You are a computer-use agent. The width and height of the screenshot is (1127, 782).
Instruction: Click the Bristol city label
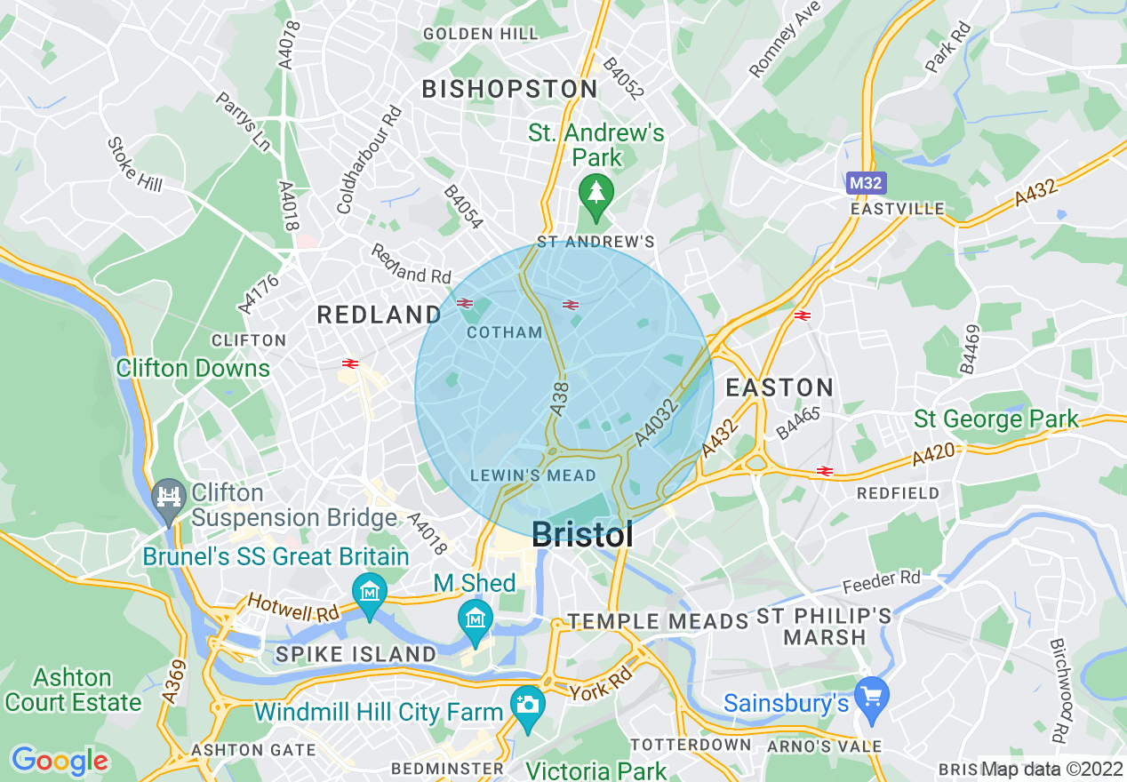(582, 535)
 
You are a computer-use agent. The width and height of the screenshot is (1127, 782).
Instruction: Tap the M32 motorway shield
(863, 183)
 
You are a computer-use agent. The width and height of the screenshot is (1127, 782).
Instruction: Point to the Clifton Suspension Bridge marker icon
(167, 493)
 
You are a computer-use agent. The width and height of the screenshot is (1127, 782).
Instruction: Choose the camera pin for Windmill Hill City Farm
(528, 704)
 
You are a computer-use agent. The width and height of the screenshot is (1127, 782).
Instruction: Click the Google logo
(60, 761)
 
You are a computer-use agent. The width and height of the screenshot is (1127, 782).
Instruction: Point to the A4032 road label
(658, 423)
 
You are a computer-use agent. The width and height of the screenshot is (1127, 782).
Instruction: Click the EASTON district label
(779, 387)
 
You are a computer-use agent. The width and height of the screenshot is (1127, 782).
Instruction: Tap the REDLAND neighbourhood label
(380, 315)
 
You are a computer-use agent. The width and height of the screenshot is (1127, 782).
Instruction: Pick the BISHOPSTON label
(509, 89)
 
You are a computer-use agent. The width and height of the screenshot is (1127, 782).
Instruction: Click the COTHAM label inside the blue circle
(504, 332)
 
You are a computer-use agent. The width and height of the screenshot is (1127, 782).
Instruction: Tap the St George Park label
(996, 419)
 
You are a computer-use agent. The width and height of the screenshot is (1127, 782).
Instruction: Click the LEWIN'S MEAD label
(533, 475)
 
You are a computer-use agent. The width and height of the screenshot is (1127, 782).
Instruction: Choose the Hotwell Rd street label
(293, 609)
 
